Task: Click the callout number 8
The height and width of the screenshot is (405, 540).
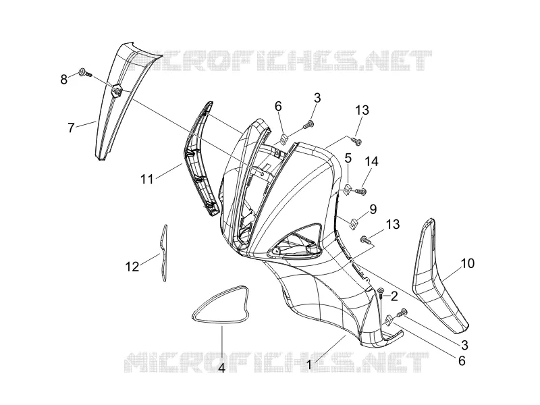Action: [63, 80]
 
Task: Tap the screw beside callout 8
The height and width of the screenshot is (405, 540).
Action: [85, 73]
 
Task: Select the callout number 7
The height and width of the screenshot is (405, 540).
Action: [71, 128]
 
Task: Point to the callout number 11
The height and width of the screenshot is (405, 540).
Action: [146, 179]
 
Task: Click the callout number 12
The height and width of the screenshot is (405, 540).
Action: [132, 267]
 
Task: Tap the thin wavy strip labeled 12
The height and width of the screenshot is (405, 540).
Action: [163, 254]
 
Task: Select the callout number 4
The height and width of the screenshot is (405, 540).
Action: [222, 368]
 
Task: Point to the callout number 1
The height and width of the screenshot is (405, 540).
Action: [309, 364]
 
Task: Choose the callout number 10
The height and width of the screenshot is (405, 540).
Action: [467, 263]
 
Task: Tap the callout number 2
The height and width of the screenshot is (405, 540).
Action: [394, 296]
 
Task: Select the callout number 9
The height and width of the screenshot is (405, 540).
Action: [373, 209]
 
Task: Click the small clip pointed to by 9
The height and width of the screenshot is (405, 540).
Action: [354, 223]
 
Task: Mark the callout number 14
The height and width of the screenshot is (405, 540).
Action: [371, 161]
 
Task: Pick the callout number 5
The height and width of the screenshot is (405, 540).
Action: [348, 159]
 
